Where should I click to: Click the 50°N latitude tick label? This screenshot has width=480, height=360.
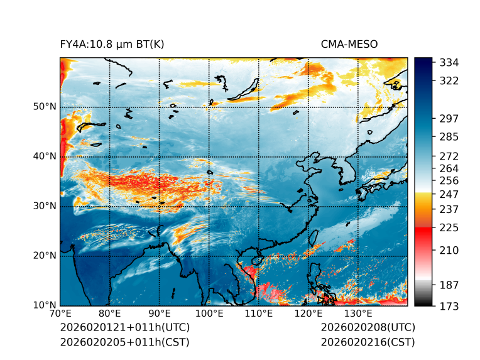44,107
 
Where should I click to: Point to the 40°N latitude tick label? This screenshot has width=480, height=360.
44,156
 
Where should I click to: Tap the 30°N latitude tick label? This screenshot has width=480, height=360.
44,206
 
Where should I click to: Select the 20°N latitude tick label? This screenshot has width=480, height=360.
44,256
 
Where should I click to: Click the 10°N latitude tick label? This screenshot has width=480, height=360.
44,305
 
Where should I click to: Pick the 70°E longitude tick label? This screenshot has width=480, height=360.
60,314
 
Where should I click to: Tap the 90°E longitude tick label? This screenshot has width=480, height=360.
160,314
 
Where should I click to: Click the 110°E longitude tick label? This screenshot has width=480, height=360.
259,314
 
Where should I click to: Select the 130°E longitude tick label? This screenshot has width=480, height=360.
358,314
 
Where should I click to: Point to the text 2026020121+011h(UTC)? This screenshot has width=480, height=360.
124,327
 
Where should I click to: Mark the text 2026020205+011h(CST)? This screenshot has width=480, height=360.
124,342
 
